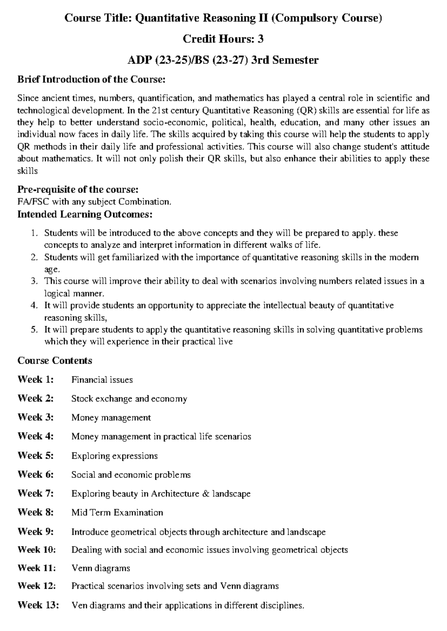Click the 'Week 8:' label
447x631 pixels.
click(36, 512)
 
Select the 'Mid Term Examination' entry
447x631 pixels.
click(117, 513)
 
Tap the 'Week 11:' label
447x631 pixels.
click(37, 568)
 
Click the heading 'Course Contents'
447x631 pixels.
click(55, 361)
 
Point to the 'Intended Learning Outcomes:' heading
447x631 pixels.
click(85, 214)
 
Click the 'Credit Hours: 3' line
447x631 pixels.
click(223, 39)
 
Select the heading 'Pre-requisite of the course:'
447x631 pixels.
click(78, 190)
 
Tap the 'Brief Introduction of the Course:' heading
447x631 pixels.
click(91, 79)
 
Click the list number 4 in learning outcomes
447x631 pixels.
click(34, 306)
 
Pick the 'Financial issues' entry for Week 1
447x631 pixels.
click(102, 380)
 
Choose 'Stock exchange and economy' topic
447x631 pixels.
click(129, 399)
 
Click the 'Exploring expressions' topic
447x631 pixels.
click(114, 456)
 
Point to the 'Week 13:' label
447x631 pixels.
click(38, 605)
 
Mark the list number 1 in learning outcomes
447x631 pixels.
click(34, 233)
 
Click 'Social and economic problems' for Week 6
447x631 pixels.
click(131, 475)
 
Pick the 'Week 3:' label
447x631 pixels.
click(36, 417)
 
